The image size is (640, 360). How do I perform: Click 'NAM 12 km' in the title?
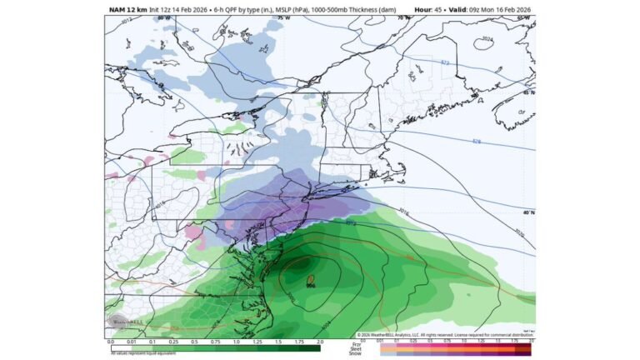pos(127,9)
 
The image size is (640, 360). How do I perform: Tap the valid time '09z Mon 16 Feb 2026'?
pos(496,9)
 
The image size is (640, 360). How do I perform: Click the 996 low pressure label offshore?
pos(310,285)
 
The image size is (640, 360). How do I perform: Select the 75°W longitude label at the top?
pos(283,17)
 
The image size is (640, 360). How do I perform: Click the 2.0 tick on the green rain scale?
pos(321,342)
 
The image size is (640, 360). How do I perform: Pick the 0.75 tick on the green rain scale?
pos(216,342)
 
